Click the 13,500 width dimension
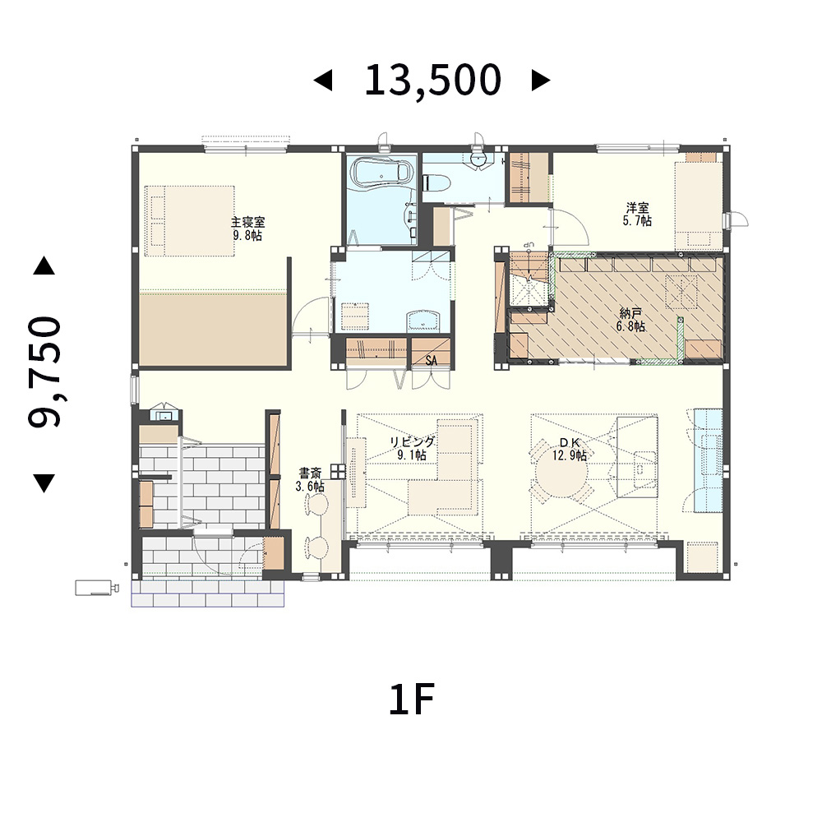pyautogui.click(x=432, y=81)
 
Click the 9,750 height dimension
pyautogui.click(x=45, y=372)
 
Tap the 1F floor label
pyautogui.click(x=412, y=700)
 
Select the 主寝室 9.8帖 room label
pyautogui.click(x=247, y=229)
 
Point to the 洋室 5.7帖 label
pyautogui.click(x=637, y=215)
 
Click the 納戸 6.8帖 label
pyautogui.click(x=631, y=320)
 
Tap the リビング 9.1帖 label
pyautogui.click(x=412, y=448)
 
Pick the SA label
pyautogui.click(x=431, y=361)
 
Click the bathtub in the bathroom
pyautogui.click(x=381, y=173)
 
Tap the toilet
pyautogui.click(x=438, y=182)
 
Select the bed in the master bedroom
pyautogui.click(x=190, y=220)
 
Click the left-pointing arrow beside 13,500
pyautogui.click(x=323, y=81)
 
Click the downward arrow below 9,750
pyautogui.click(x=44, y=483)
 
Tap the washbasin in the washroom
pyautogui.click(x=423, y=321)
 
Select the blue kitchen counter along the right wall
pyautogui.click(x=708, y=459)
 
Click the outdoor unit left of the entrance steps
pyautogui.click(x=96, y=588)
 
